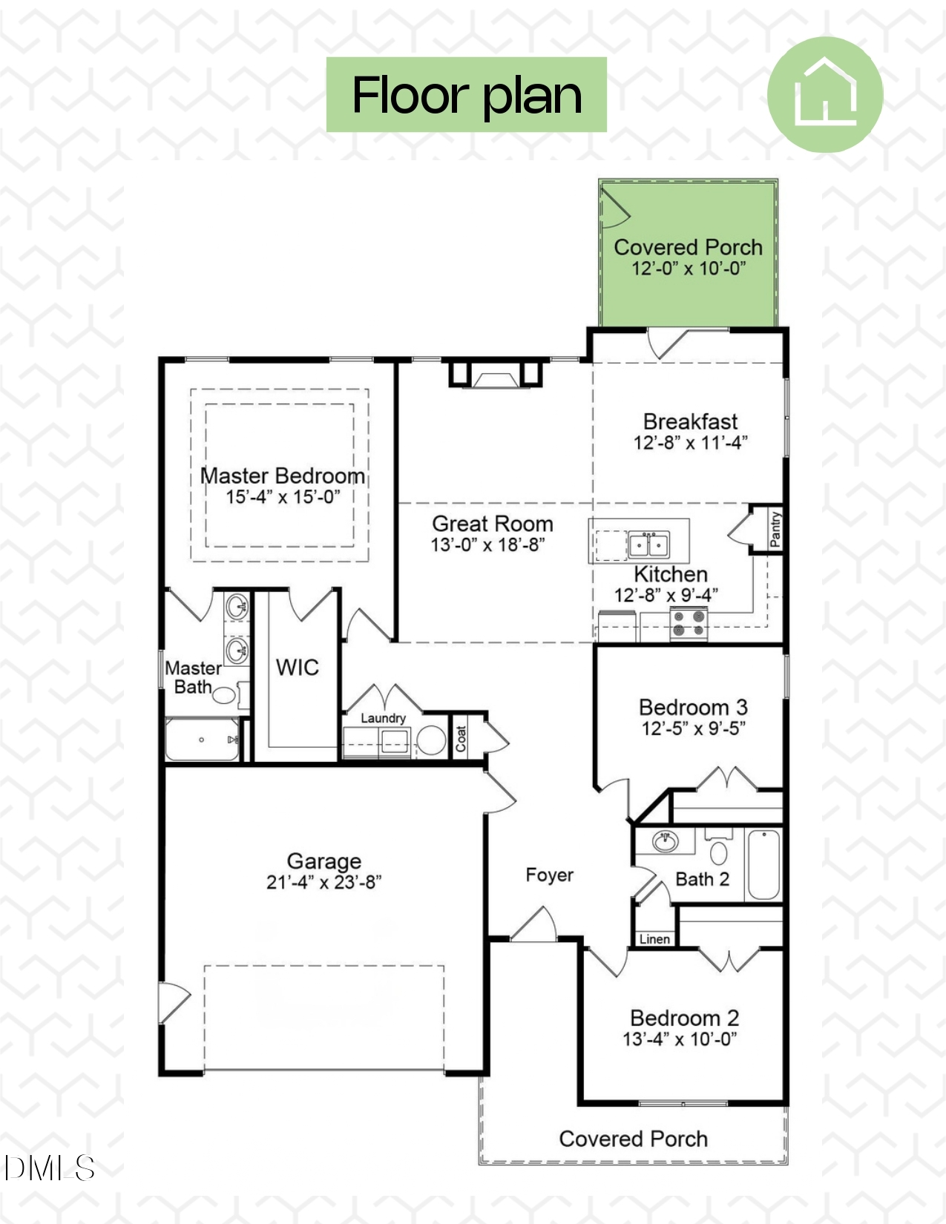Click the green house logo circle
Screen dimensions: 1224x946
[824, 95]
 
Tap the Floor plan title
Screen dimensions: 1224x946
[467, 95]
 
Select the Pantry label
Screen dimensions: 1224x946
[775, 529]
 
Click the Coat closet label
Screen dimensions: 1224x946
[461, 738]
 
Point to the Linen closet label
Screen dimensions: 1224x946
[654, 939]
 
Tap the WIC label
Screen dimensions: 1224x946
[297, 668]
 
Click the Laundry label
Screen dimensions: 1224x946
[383, 718]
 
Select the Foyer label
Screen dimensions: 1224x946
[549, 875]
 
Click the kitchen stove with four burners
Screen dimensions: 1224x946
[689, 623]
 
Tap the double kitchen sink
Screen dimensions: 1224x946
[648, 545]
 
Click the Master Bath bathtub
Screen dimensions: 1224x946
[202, 740]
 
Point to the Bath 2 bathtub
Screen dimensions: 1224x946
[763, 865]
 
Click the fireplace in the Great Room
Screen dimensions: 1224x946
[495, 377]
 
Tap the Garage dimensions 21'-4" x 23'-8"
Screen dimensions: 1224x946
[323, 882]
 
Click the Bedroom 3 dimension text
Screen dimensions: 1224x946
[693, 728]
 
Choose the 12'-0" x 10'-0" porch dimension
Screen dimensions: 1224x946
[688, 269]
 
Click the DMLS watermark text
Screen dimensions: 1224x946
[49, 1168]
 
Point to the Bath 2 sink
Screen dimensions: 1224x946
[665, 841]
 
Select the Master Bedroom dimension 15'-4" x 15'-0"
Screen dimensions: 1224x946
[283, 497]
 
